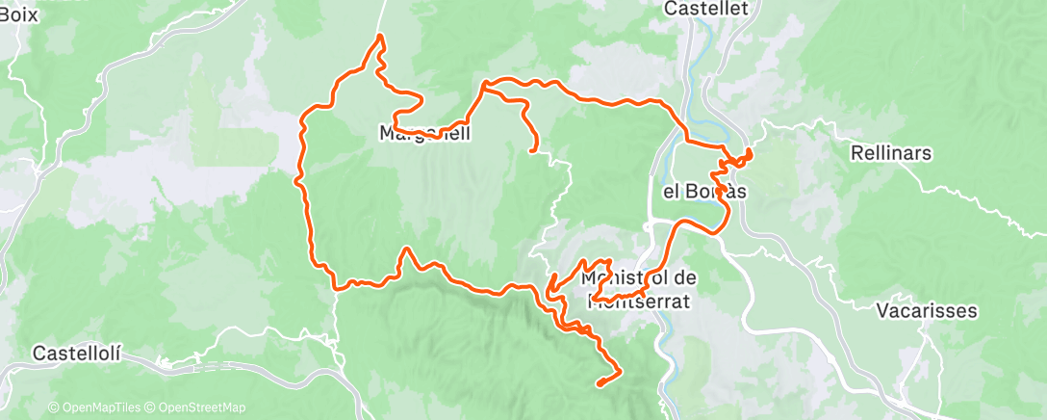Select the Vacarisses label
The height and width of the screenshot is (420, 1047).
point(928,311)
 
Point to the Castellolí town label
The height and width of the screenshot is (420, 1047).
point(77,354)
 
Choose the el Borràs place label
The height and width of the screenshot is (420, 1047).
point(704,191)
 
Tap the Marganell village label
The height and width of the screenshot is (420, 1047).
point(425,133)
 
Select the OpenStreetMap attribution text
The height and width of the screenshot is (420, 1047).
point(201,407)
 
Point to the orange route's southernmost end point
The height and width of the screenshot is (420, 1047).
point(600,384)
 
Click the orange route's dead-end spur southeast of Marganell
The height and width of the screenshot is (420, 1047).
point(533,149)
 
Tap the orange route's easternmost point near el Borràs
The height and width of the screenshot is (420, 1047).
point(750,153)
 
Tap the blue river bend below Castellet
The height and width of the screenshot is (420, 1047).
point(705,48)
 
